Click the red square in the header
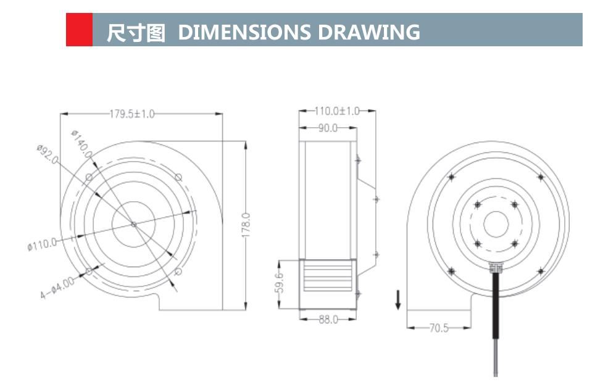79,30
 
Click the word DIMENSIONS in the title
244,31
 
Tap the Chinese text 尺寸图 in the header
136,31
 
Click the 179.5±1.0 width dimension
132,114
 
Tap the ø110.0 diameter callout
42,245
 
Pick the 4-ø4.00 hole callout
57,289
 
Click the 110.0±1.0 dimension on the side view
337,111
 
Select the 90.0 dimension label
327,128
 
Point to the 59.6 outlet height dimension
279,283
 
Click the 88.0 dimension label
328,320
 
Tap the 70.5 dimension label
439,328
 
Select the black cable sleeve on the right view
496,305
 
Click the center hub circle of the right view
496,224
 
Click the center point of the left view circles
134,225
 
